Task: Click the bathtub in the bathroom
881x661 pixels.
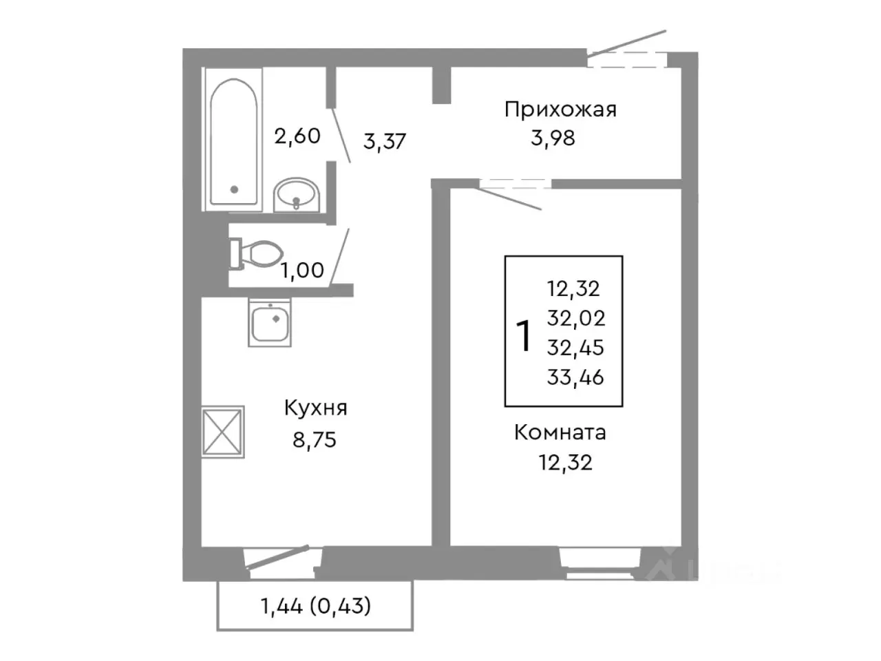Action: pos(233,140)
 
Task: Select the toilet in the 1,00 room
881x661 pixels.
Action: pos(256,253)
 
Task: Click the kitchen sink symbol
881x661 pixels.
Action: pos(269,323)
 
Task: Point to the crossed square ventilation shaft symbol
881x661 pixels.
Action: pos(223,432)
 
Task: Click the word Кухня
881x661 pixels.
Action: pos(315,408)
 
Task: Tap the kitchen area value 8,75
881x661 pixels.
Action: pos(315,439)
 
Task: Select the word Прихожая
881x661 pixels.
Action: pos(560,109)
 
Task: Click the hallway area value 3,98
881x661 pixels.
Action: pos(553,138)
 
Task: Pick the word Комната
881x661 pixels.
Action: pos(560,432)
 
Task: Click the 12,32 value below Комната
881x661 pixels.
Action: pos(565,462)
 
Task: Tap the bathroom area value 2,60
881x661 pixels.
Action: pos(297,136)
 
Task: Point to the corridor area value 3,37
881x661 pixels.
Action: pos(385,141)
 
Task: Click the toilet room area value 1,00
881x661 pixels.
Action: pos(301,270)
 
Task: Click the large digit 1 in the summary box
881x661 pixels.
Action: pos(524,336)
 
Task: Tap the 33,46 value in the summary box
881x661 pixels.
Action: pos(575,377)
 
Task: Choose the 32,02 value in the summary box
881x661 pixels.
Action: pos(576,317)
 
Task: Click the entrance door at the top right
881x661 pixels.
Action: pos(628,55)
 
